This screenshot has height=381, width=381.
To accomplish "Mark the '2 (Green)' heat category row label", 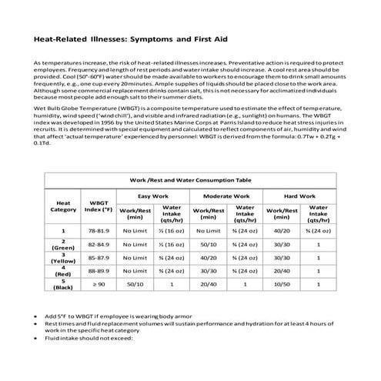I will coord(63,244).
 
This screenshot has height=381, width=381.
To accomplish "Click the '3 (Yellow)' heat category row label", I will coord(63,258).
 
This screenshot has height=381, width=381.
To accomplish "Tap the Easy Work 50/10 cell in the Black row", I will coord(135,284).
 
